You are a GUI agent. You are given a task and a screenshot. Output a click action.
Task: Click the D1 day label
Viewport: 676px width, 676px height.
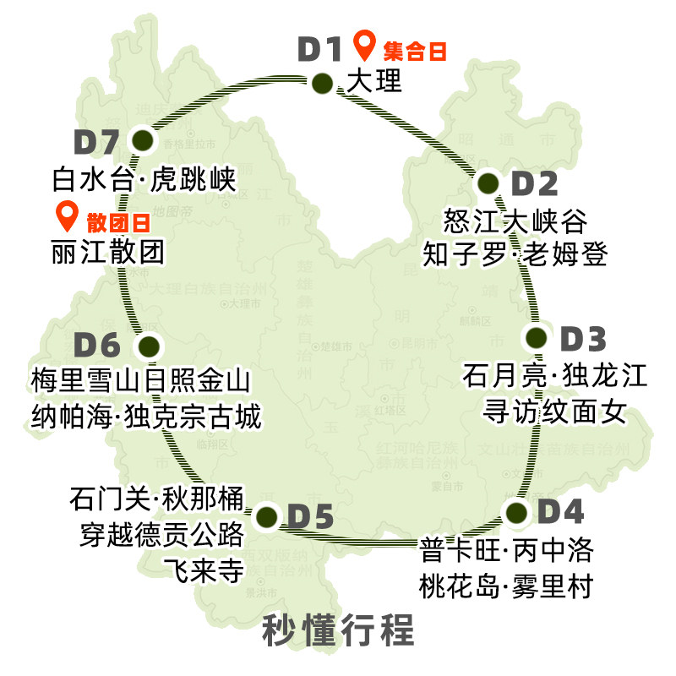319,50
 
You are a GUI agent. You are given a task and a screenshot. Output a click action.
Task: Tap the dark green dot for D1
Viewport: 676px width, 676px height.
322,83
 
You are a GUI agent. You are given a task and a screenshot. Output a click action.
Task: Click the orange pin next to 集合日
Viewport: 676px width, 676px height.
364,44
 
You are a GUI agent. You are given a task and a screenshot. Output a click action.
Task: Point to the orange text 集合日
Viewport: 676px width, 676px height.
414,51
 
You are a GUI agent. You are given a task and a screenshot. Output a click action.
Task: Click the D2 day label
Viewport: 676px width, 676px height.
535,183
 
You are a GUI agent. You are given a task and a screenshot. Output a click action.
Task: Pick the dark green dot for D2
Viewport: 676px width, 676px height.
488,183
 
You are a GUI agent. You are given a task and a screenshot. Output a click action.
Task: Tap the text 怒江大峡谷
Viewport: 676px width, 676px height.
515,221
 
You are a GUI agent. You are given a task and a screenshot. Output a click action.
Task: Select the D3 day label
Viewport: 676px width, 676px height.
584,340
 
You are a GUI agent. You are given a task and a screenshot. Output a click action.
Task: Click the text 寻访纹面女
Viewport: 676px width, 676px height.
554,411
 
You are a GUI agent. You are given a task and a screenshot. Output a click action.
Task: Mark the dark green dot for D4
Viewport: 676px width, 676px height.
515,512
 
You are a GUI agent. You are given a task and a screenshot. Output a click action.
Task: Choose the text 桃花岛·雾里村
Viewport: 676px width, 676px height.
506,585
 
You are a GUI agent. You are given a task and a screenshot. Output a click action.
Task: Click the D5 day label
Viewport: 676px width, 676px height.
310,516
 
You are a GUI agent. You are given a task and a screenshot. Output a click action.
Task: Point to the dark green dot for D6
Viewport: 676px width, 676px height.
149,346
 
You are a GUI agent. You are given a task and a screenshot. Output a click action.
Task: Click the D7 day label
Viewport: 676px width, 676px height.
97,142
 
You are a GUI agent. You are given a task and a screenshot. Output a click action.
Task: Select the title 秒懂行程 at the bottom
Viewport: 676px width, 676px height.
338,630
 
